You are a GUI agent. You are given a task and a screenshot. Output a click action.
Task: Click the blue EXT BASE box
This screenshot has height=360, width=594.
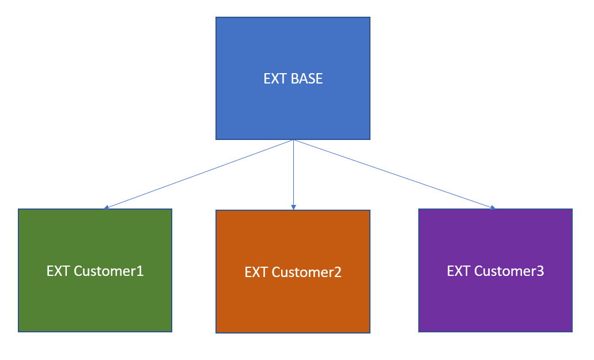(293, 78)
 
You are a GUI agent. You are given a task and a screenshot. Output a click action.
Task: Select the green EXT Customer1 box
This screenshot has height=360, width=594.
(95, 270)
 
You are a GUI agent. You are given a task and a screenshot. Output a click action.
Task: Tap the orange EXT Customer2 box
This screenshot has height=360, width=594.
(293, 271)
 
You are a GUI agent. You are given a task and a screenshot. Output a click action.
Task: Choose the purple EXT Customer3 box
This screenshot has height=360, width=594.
(495, 270)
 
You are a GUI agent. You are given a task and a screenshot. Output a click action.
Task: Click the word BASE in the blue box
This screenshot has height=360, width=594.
(307, 79)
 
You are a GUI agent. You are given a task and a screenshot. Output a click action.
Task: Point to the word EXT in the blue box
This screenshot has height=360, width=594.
(275, 79)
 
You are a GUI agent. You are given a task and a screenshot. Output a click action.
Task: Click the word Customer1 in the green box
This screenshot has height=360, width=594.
(109, 271)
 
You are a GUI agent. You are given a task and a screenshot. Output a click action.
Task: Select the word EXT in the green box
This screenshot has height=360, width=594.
(58, 271)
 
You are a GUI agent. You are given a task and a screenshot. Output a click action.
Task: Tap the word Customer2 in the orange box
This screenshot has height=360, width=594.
(307, 272)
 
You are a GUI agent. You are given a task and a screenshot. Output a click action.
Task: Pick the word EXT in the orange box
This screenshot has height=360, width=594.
(256, 272)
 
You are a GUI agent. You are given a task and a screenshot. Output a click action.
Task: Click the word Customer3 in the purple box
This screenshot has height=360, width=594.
(509, 271)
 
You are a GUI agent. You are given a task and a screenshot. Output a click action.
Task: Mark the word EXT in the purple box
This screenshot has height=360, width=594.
(459, 271)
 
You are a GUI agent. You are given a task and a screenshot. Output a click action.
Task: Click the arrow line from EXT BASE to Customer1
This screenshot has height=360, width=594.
(199, 174)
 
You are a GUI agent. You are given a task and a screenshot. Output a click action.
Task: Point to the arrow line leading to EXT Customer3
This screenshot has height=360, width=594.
(395, 174)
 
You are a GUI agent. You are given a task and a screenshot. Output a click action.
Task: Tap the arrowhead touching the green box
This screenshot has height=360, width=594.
(107, 207)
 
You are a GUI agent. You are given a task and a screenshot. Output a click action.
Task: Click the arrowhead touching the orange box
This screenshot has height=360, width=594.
(293, 207)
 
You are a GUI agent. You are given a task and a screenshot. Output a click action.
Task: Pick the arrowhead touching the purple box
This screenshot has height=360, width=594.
(493, 207)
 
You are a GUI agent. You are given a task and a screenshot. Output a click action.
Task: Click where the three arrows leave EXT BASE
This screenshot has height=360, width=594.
(294, 140)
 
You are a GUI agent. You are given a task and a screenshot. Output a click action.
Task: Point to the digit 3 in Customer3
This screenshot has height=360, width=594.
(540, 271)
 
